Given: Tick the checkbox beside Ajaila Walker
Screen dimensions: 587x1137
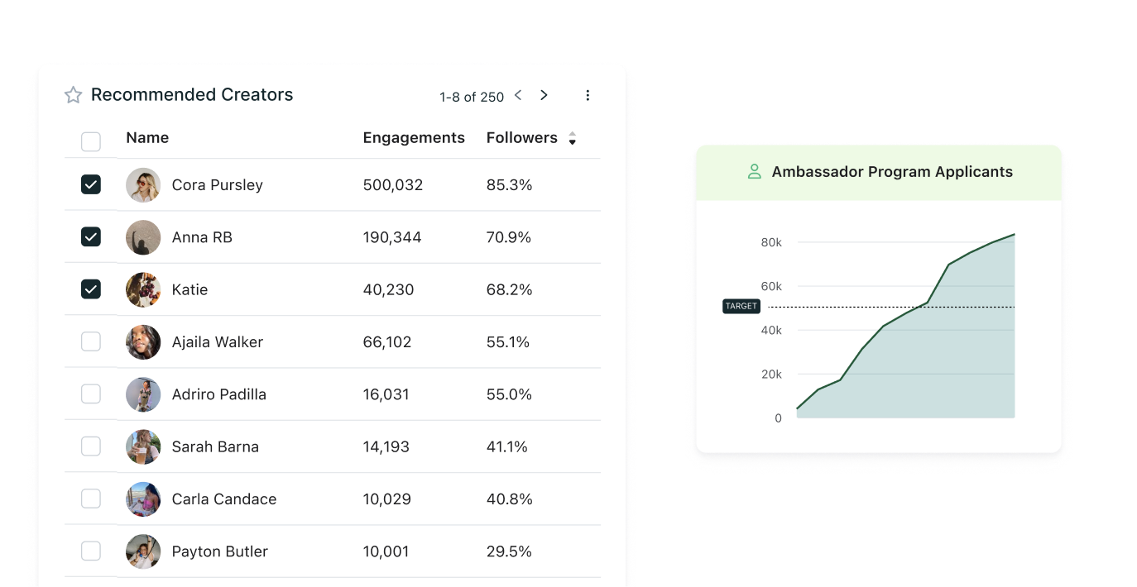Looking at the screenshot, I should point(91,341).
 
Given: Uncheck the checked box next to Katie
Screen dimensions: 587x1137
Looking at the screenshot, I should point(91,289).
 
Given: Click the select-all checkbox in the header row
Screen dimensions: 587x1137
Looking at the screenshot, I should point(91,141).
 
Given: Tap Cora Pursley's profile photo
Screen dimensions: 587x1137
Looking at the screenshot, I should point(143,185).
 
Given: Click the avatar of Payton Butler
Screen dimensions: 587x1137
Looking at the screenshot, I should point(143,551).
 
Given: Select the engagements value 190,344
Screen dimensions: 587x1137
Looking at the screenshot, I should point(392,237).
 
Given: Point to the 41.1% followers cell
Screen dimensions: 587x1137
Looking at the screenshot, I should point(507,446).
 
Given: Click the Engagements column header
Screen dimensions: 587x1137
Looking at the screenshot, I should point(414,138).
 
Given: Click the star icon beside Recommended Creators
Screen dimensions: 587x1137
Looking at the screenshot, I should point(74,95).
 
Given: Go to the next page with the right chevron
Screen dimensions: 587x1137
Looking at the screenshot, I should point(544,95).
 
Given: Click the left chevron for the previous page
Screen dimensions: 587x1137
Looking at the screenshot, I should point(518,95).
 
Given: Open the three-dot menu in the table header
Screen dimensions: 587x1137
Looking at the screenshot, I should point(588,95).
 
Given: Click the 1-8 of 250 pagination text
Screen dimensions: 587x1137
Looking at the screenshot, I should point(472,97).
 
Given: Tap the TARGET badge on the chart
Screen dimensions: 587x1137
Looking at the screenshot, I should point(741,306).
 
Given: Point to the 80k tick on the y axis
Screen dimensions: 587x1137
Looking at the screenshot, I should point(771,242).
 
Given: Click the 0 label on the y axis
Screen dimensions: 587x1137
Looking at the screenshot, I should point(778,418).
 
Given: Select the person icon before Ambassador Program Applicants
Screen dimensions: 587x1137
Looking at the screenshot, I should point(754,172).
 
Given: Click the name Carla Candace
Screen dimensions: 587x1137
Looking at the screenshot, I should point(224,499).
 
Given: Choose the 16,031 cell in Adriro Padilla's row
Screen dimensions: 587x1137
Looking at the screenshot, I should point(386,394).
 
